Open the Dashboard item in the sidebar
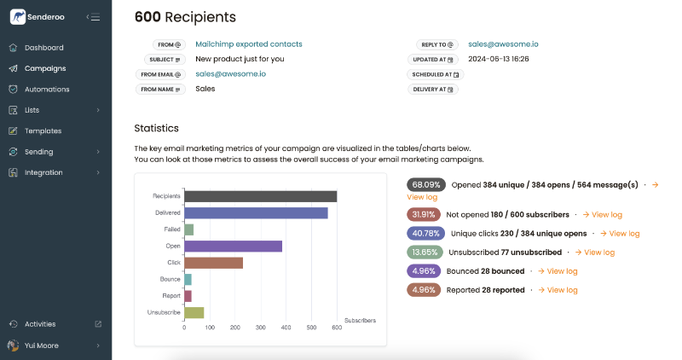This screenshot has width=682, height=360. coord(43,48)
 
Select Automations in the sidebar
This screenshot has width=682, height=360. coord(47,90)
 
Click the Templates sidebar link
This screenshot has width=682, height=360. coord(43,131)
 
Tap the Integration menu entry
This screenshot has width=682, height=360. coord(43,172)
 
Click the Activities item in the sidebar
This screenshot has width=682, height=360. coord(40,324)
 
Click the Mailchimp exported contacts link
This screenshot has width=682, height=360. coord(248,44)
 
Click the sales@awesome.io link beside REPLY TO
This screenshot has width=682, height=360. coord(502,44)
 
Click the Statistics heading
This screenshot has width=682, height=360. coord(156,128)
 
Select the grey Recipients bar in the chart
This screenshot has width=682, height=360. coord(260,196)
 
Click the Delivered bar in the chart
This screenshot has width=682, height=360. coord(256,213)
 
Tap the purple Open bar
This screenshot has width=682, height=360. coord(233,246)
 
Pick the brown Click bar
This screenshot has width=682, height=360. coord(213,263)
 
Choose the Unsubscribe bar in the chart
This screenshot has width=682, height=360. coord(194,312)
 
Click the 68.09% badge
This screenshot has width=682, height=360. coord(426,184)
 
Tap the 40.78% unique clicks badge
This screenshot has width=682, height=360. coord(426,233)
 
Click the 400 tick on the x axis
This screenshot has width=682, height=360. coord(286,328)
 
